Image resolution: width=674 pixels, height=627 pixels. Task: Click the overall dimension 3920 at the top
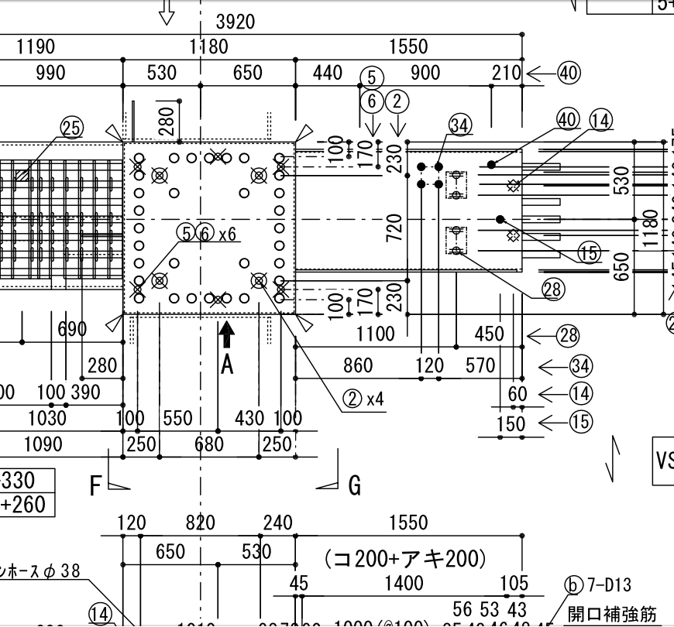point(235,22)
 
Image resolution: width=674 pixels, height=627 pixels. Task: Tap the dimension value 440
point(328,74)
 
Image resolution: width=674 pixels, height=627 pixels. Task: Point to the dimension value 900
point(425,74)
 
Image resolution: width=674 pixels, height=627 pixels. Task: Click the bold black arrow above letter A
point(226,335)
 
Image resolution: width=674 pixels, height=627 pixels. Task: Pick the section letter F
point(96,486)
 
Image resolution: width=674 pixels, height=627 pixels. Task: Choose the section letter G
point(355,486)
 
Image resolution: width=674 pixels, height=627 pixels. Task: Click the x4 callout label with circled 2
point(363,399)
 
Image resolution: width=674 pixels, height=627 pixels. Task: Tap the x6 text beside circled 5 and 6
point(227,232)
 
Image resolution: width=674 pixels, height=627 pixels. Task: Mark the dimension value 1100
point(376,334)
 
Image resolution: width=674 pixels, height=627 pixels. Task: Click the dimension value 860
point(357,365)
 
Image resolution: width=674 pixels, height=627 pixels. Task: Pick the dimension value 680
point(208,444)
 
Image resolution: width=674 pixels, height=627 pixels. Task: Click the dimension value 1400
point(404,583)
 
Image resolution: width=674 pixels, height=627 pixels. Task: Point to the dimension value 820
point(200,523)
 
